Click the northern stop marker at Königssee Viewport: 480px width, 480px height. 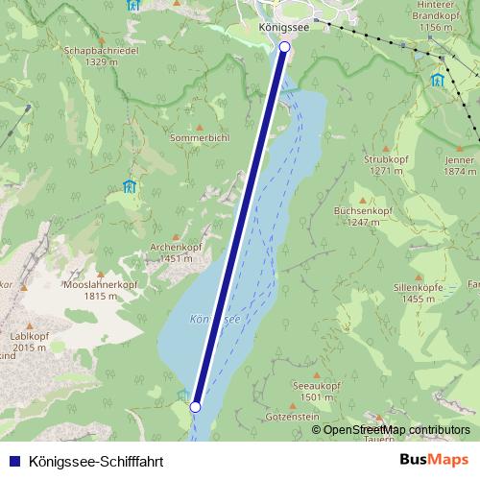pyautogui.click(x=284, y=46)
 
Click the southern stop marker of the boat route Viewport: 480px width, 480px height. pyautogui.click(x=195, y=407)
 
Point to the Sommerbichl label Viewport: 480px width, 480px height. pyautogui.click(x=199, y=138)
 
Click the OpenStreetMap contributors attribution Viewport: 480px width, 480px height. pyautogui.click(x=396, y=430)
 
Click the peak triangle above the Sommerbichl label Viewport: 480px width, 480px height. pyautogui.click(x=200, y=126)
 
